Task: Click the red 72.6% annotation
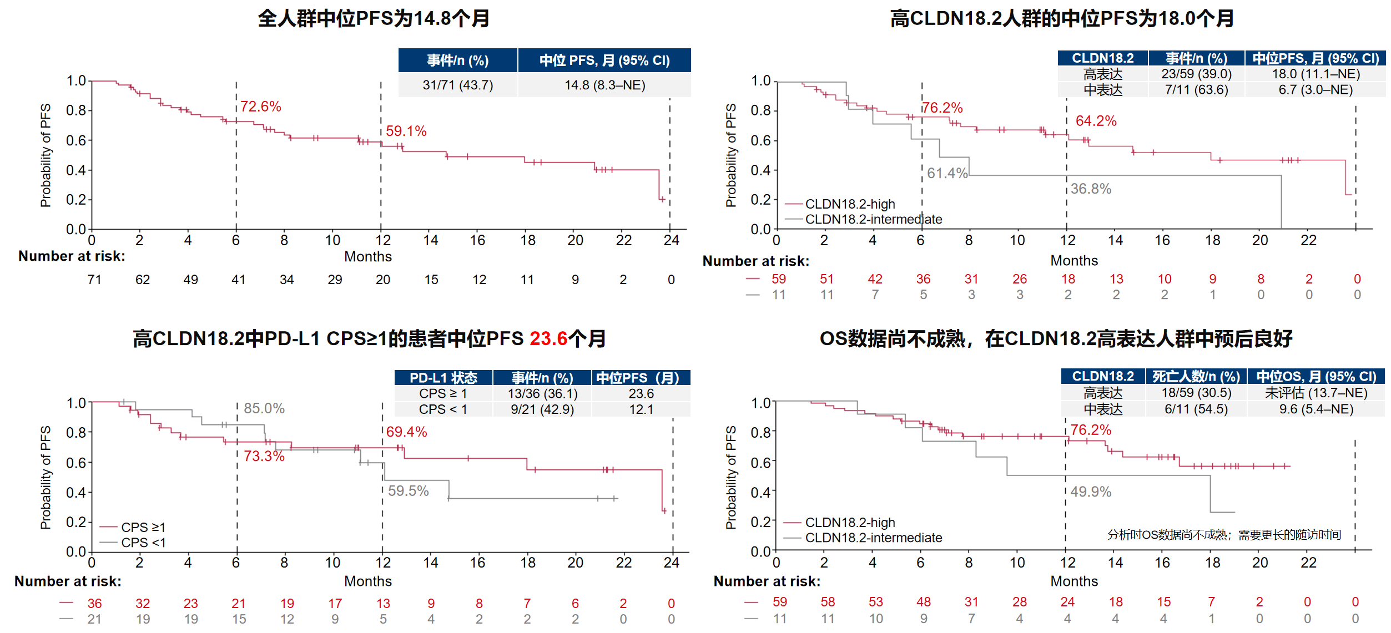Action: point(260,107)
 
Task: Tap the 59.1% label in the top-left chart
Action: point(406,131)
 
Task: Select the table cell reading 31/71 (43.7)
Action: point(458,85)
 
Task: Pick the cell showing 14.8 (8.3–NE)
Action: point(605,85)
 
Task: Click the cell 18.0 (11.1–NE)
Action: point(1316,74)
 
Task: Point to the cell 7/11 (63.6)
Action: point(1196,90)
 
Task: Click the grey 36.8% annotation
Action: point(1091,189)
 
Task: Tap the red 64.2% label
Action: point(1096,121)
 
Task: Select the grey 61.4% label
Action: point(947,174)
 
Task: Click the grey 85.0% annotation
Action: point(264,409)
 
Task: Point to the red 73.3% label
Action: point(264,457)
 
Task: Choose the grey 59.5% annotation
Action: point(408,491)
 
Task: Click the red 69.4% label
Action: point(406,432)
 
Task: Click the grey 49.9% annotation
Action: point(1091,492)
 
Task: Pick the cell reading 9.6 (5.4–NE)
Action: point(1316,409)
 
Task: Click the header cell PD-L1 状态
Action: point(443,378)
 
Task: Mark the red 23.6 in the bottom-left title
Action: point(548,339)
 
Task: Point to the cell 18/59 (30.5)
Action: point(1196,393)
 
